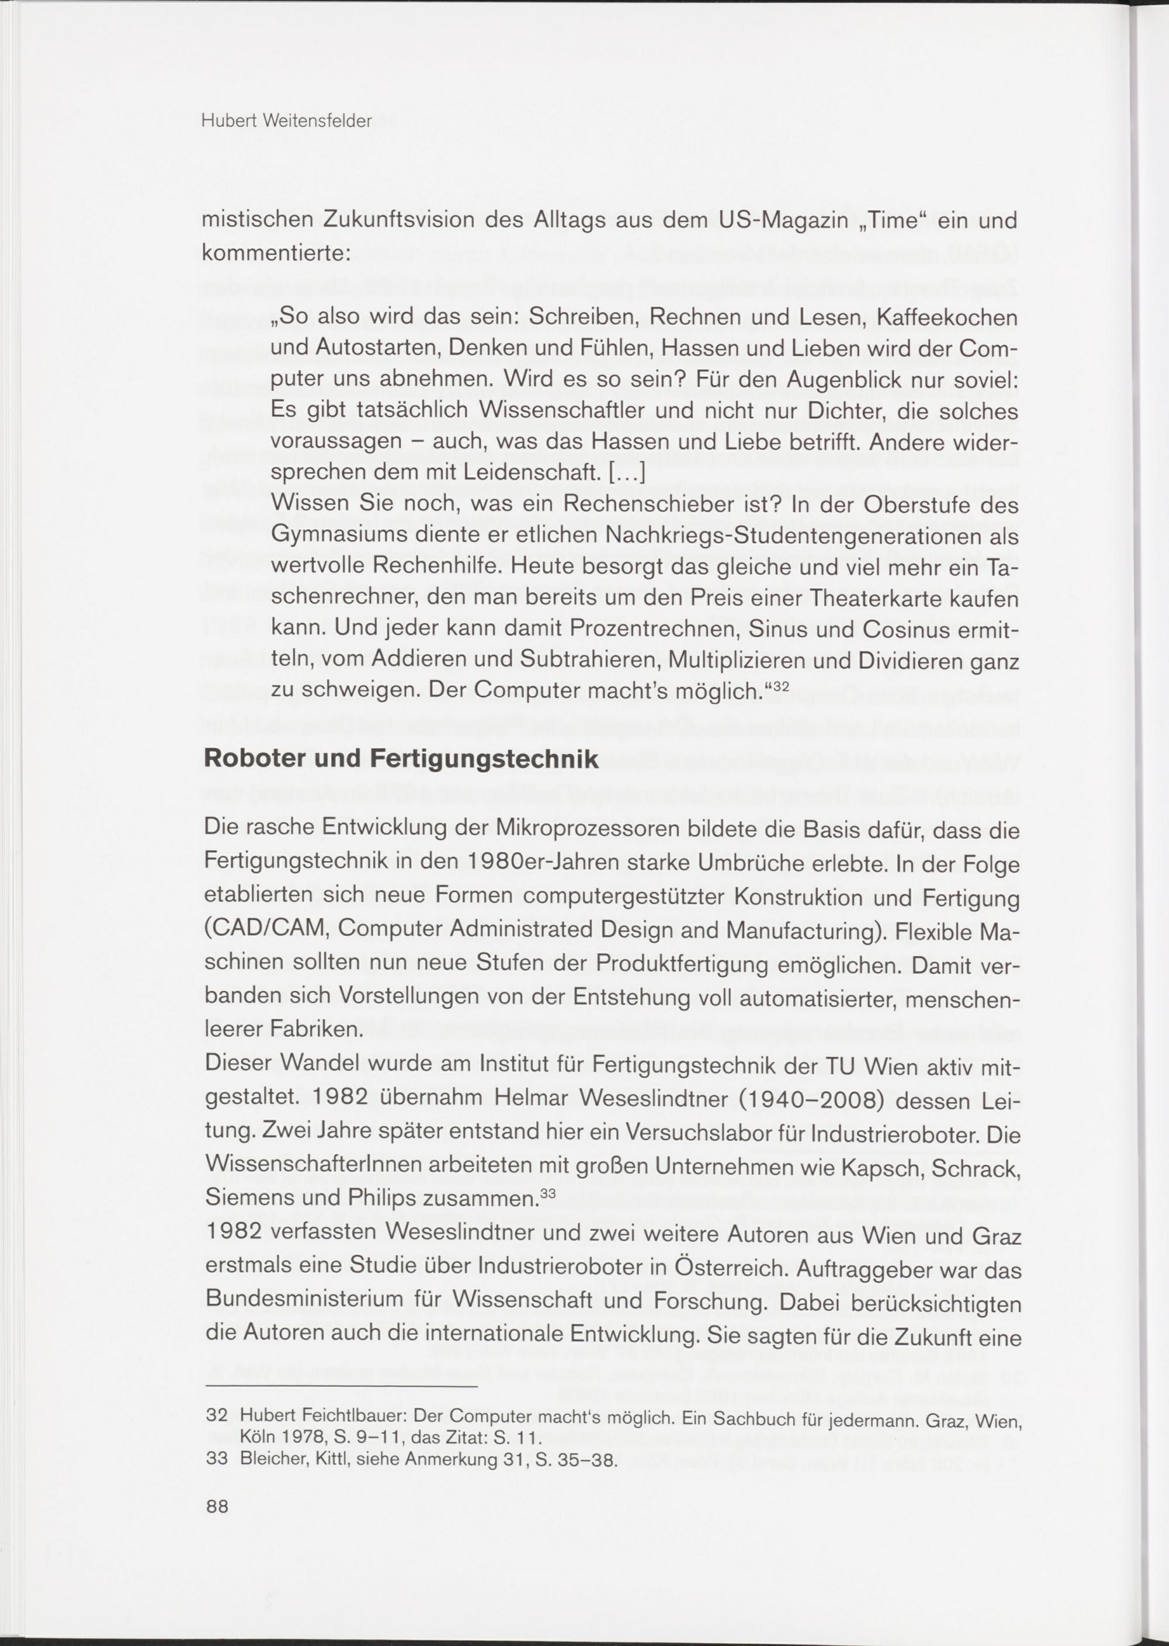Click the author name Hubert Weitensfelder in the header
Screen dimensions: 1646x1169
tap(286, 121)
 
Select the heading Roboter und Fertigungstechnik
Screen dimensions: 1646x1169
tap(401, 758)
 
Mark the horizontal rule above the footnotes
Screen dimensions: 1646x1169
tap(341, 1386)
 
